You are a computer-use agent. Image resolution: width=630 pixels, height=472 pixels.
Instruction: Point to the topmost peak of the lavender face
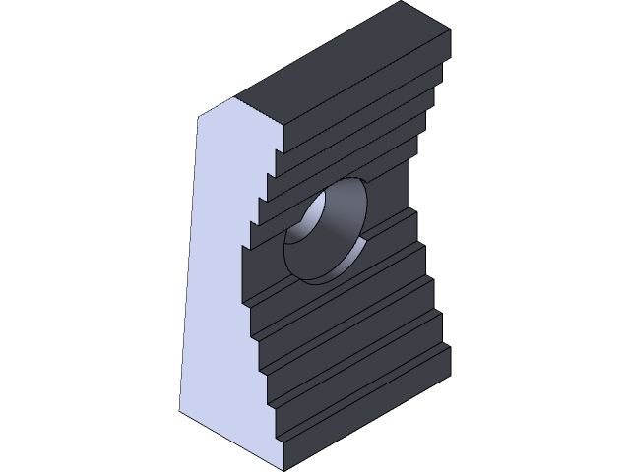pyautogui.click(x=237, y=98)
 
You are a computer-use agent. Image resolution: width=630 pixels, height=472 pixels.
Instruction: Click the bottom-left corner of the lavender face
pyautogui.click(x=179, y=411)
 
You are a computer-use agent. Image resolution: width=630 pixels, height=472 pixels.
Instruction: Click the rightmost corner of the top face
pyautogui.click(x=450, y=29)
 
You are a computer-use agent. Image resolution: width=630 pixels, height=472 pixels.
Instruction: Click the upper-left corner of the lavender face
pyautogui.click(x=202, y=116)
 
